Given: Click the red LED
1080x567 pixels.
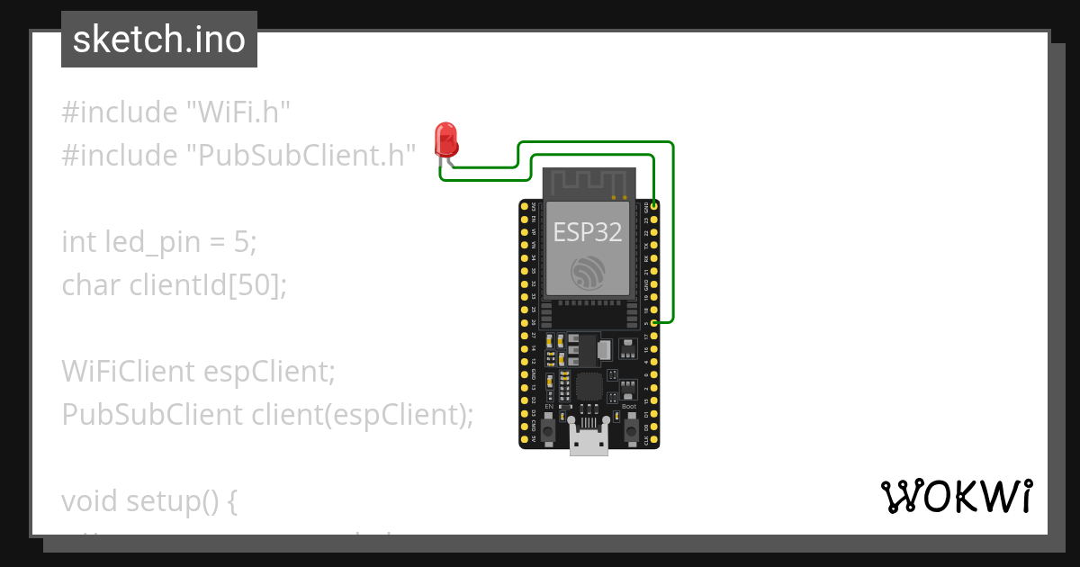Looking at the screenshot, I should (x=445, y=140).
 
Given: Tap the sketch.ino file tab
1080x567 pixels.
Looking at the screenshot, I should (x=159, y=40).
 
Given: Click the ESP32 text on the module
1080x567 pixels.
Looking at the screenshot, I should (x=588, y=231).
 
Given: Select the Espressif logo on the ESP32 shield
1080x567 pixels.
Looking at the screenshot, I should (x=589, y=272).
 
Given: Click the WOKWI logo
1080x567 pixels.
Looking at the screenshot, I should (x=957, y=496).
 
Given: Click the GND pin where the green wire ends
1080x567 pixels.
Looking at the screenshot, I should (x=654, y=207).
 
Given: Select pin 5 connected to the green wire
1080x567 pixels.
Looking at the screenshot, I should (x=654, y=321).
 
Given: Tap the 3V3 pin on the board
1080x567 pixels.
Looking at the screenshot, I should (x=524, y=207).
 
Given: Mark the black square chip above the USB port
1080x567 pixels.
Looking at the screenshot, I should (x=589, y=387).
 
